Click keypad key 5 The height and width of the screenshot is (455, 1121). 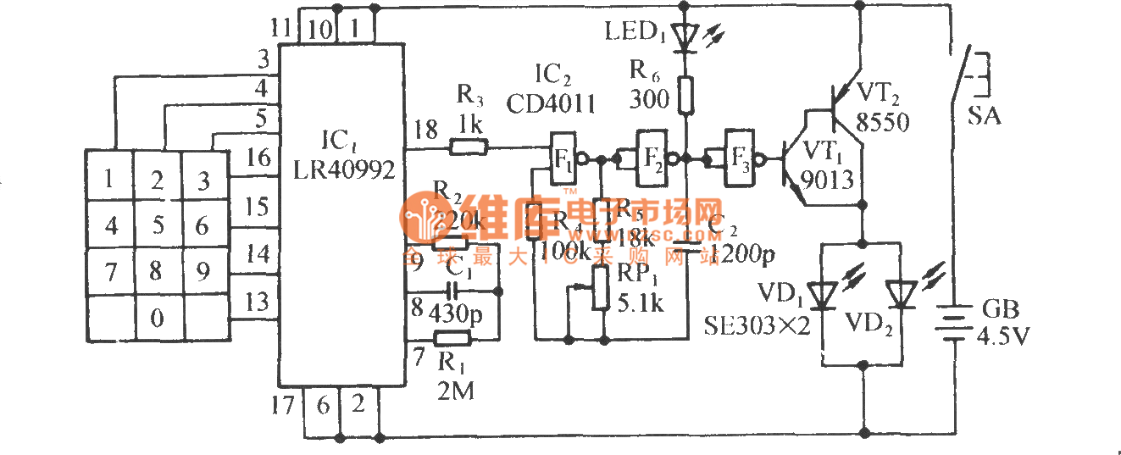point(156,226)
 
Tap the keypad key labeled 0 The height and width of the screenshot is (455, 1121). point(156,319)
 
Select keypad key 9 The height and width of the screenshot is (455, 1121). point(202,272)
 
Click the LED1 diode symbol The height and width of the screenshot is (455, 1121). point(685,36)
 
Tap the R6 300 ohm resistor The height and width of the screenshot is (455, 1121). point(685,94)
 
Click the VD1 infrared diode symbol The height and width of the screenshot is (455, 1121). point(821,294)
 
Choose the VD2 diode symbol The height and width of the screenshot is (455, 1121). point(899,294)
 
